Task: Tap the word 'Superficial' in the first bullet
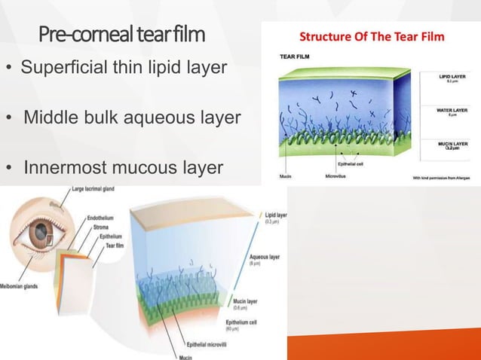[x=61, y=69]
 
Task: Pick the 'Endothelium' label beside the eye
[x=100, y=217]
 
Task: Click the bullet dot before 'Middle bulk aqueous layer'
[x=10, y=118]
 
